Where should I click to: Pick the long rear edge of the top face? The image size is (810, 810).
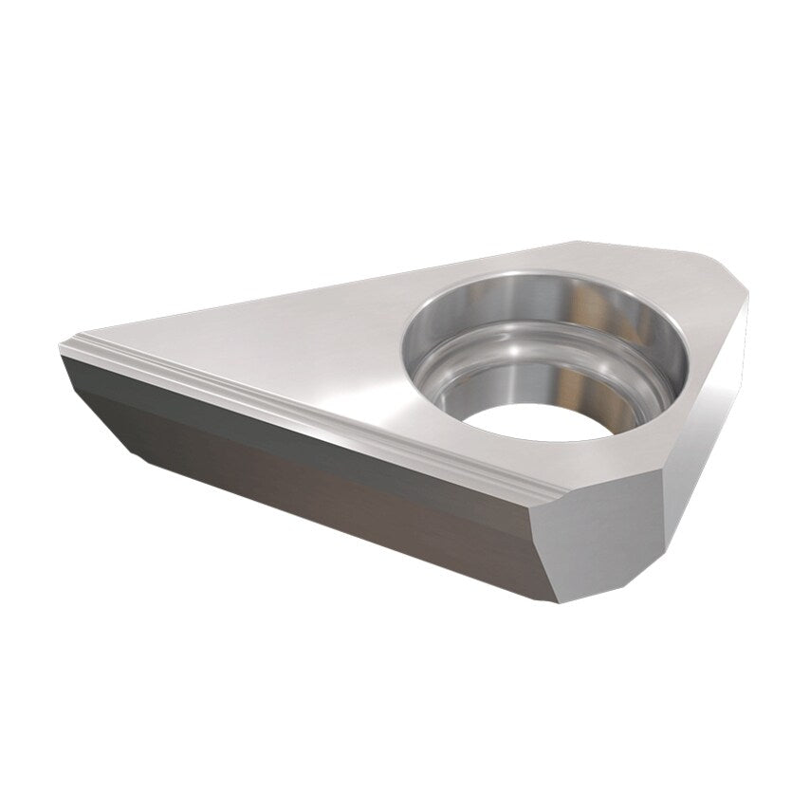coord(332,285)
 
